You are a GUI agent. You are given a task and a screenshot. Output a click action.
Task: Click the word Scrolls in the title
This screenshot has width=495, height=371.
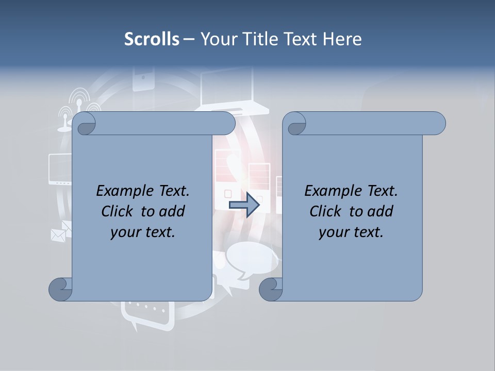click(x=152, y=39)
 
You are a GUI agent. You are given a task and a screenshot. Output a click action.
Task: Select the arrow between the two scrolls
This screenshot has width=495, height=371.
click(x=244, y=205)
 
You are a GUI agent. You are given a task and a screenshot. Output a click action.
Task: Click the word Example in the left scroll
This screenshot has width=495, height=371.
click(x=121, y=191)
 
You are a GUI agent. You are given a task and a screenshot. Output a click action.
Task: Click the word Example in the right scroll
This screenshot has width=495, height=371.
click(x=329, y=191)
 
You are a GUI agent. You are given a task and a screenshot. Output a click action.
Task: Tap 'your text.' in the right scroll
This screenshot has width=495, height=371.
click(x=351, y=232)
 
